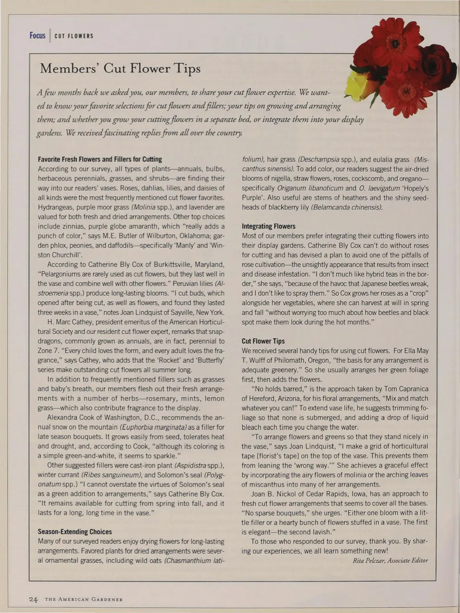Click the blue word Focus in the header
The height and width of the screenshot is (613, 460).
(37, 36)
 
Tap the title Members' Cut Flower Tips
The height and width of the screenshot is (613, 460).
(120, 68)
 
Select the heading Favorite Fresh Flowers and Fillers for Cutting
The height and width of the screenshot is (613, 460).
(100, 159)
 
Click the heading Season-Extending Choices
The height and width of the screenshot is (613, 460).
(75, 532)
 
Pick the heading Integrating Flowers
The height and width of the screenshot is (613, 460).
(268, 226)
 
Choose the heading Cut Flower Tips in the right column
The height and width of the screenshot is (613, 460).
(263, 341)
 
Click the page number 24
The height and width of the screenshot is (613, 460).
(33, 599)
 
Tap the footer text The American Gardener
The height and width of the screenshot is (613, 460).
(84, 600)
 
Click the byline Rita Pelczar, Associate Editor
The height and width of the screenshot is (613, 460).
(390, 560)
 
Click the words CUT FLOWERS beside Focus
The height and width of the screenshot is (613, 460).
(74, 36)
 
